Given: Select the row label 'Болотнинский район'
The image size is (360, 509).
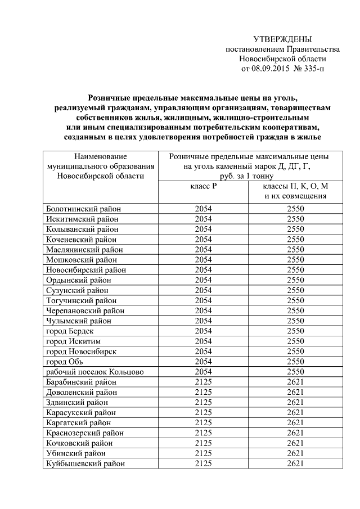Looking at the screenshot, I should coord(84,209).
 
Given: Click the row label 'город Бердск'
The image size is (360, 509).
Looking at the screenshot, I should coord(69,331).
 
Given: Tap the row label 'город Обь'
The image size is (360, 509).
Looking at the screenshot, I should coord(65,362).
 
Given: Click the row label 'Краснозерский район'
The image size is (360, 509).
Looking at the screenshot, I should coord(84,433).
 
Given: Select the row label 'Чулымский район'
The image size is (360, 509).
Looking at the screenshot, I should coord(79,321).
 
